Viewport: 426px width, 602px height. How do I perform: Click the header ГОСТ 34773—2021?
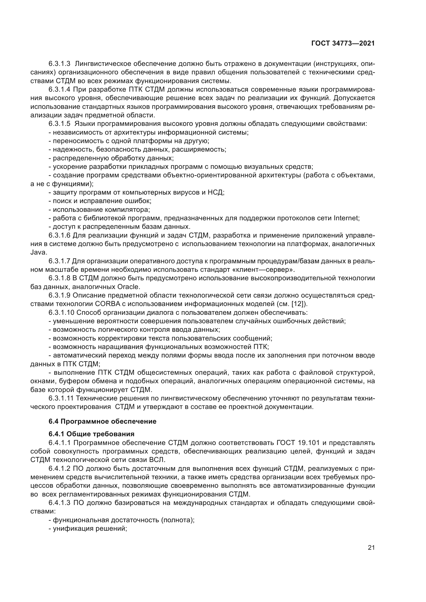(x=343, y=43)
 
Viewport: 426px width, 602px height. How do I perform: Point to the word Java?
(x=39, y=252)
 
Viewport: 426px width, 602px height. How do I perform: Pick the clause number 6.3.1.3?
(x=59, y=64)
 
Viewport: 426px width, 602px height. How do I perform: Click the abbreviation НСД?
(x=216, y=192)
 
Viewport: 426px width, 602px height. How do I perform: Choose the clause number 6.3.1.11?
(x=61, y=398)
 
